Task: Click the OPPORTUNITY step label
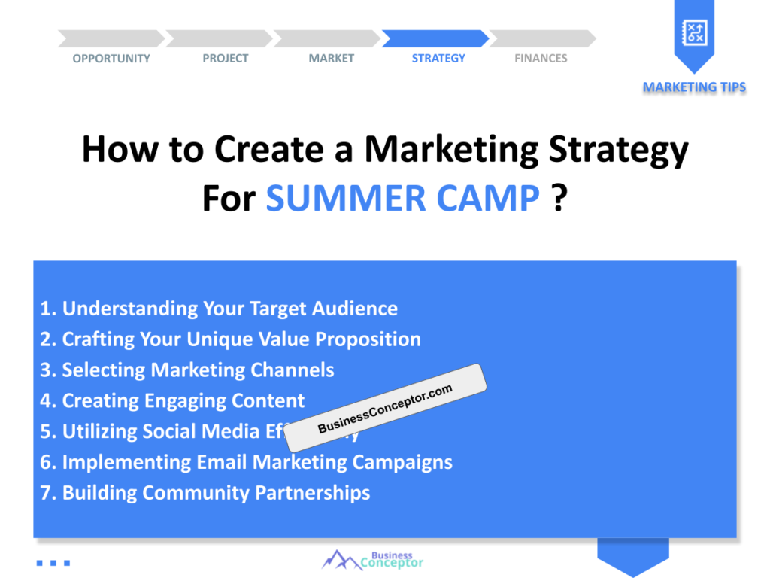tap(111, 59)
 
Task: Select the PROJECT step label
tap(225, 59)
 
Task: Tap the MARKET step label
tap(331, 59)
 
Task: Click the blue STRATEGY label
tap(438, 59)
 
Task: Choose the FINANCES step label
tap(541, 59)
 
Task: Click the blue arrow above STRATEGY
tap(435, 38)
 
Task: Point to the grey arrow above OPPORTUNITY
tap(111, 38)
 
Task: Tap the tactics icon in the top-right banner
tap(693, 32)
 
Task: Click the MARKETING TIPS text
tap(694, 87)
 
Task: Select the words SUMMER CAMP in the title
tap(403, 198)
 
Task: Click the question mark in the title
tap(559, 198)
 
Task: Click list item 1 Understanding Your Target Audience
tap(219, 309)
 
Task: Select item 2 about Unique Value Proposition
tap(230, 339)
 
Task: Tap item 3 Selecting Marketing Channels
tap(187, 370)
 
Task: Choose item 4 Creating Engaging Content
tap(172, 401)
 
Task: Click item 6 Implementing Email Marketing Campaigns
tap(246, 462)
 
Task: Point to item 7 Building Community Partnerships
tap(205, 493)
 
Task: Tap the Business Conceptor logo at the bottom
tap(374, 559)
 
